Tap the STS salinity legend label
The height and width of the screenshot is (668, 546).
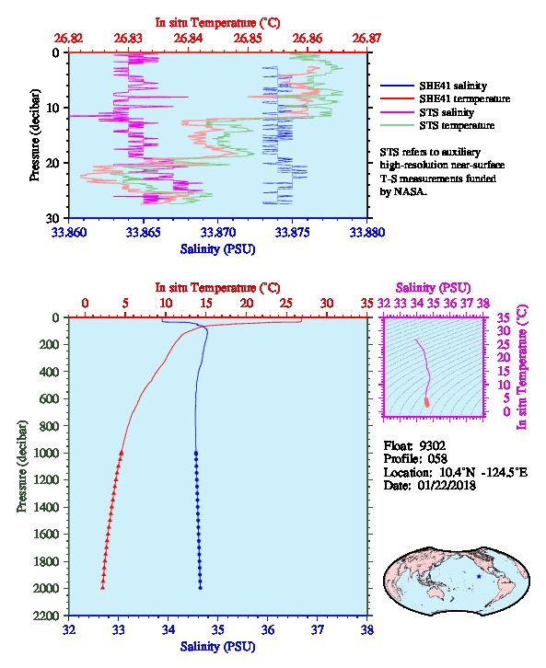447,112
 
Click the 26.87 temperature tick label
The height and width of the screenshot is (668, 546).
366,39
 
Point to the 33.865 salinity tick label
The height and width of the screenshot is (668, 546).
144,233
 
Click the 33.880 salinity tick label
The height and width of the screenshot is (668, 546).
367,233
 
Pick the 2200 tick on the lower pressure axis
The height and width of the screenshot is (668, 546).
48,616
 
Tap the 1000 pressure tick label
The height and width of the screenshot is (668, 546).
48,453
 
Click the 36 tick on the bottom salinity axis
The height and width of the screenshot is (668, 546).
268,629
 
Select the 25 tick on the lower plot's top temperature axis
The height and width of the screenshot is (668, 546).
286,304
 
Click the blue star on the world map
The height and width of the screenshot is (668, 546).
479,576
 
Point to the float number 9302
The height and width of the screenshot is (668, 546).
432,446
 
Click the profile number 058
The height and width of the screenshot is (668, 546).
437,459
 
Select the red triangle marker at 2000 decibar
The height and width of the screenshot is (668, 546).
103,588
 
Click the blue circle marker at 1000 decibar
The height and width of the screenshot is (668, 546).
196,454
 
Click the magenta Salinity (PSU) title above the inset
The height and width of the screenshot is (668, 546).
433,288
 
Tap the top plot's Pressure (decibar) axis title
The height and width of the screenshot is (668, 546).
35,135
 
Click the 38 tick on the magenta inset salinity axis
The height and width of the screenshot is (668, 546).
482,304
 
